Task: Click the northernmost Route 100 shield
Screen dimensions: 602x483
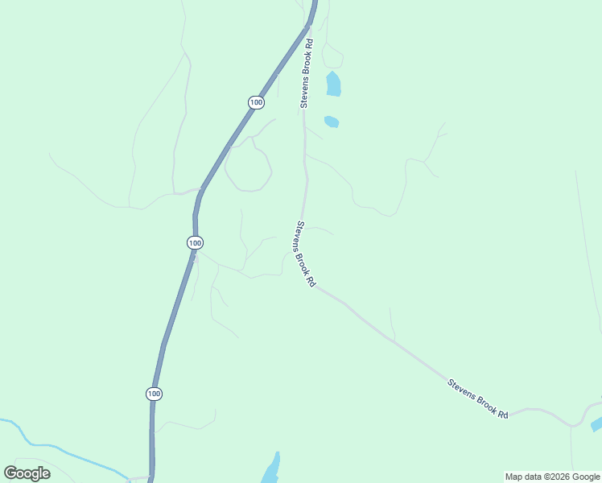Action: (256, 102)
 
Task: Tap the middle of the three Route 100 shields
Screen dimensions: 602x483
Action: (195, 242)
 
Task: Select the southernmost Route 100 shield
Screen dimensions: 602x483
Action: (154, 394)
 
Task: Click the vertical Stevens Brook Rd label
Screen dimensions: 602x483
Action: (306, 72)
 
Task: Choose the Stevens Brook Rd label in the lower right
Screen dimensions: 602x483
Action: (478, 398)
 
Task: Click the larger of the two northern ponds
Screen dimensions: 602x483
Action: (333, 84)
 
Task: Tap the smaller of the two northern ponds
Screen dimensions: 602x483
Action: (332, 122)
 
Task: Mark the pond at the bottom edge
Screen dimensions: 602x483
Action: (270, 469)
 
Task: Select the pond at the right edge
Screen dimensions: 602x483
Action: (596, 424)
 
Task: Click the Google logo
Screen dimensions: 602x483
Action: (27, 473)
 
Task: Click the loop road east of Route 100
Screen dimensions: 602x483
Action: (248, 166)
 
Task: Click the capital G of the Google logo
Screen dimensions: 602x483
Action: (10, 473)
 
